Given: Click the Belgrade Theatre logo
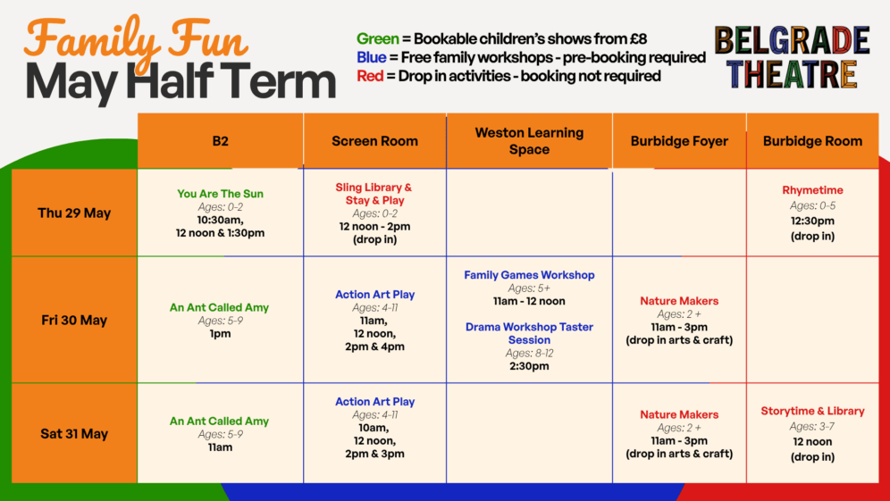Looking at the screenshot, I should [x=792, y=57].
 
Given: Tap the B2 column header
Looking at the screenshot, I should [x=220, y=140].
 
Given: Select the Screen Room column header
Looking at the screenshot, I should [x=374, y=140].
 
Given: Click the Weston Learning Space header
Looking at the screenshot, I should [x=529, y=140].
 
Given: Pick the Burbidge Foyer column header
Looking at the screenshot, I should [x=678, y=140].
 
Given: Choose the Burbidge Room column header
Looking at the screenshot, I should [x=812, y=140].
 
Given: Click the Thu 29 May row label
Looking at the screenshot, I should [x=73, y=213].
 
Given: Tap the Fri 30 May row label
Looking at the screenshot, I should [x=73, y=321].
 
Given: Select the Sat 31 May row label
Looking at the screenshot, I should [x=73, y=434].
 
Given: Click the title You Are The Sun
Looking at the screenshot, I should [x=220, y=193].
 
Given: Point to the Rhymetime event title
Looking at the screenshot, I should [x=812, y=190].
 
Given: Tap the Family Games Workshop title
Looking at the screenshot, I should [x=529, y=275].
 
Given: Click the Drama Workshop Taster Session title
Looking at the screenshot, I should [x=529, y=333].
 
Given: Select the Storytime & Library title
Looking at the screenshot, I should [x=812, y=411].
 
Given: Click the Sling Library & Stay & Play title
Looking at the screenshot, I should [x=374, y=194].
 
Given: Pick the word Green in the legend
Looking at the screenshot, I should [x=376, y=38].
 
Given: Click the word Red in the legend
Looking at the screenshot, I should [x=370, y=76].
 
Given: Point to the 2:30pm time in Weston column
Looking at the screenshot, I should [x=529, y=366].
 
